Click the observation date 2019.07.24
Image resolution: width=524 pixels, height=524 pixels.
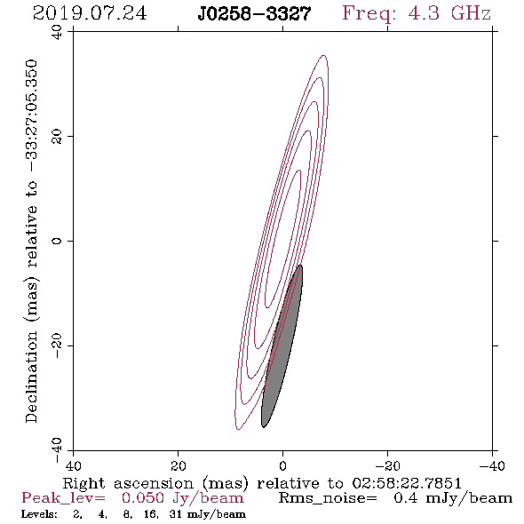pos(90,13)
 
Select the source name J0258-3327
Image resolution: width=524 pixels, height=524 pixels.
pos(254,13)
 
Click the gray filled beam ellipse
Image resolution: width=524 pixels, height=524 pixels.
pos(282,345)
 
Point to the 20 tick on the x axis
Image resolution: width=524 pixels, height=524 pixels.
pos(179,450)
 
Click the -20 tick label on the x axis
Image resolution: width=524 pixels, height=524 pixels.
pos(387,465)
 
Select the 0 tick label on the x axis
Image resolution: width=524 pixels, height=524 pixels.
pos(282,465)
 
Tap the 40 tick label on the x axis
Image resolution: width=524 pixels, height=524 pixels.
pos(73,465)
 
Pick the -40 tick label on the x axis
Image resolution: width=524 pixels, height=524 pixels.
pos(492,465)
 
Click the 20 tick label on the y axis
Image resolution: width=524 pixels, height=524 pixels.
pos(57,137)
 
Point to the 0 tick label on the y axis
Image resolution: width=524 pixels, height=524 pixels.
pos(57,241)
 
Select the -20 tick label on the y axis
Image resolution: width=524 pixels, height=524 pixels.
pos(57,345)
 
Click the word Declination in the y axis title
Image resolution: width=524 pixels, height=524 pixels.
pos(31,377)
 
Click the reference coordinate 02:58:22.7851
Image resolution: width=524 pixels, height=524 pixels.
pos(407,483)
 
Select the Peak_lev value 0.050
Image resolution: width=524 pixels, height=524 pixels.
pos(143,498)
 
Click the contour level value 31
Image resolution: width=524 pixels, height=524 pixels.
pos(175,513)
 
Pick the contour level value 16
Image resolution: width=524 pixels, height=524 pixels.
pos(150,514)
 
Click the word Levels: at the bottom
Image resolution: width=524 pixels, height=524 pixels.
pos(39,513)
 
